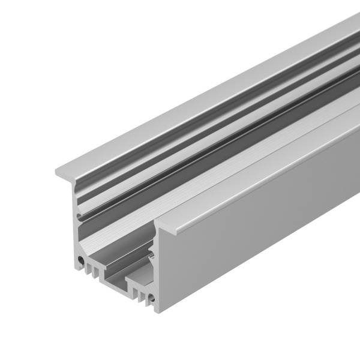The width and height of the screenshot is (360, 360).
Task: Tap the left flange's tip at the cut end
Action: pos(58,170)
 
